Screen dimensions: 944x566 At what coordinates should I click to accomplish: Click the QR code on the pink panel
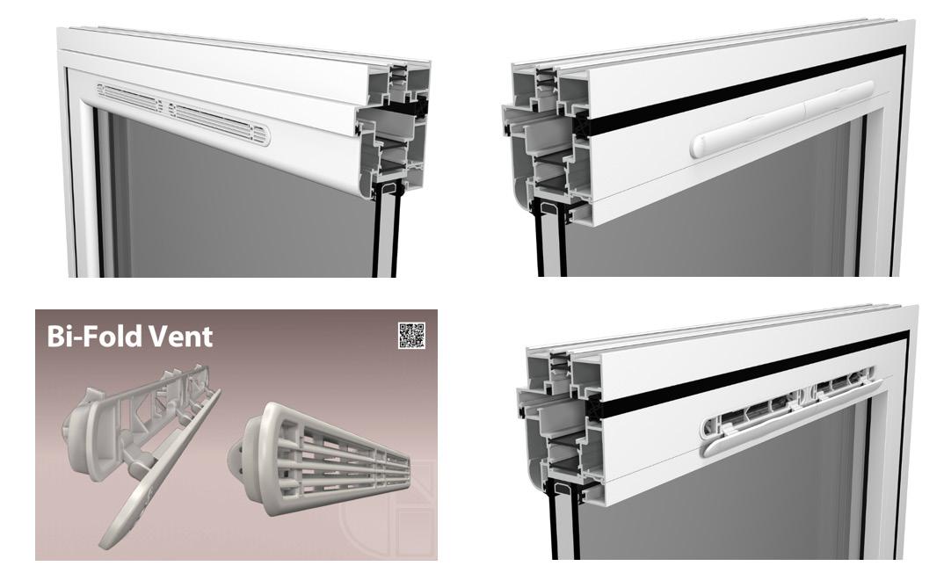pyautogui.click(x=412, y=336)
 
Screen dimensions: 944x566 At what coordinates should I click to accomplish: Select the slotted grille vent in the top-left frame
pyautogui.click(x=184, y=113)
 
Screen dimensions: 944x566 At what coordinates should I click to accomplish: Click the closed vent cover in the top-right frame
pyautogui.click(x=781, y=119)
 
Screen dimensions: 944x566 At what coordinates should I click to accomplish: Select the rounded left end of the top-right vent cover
pyautogui.click(x=701, y=146)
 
